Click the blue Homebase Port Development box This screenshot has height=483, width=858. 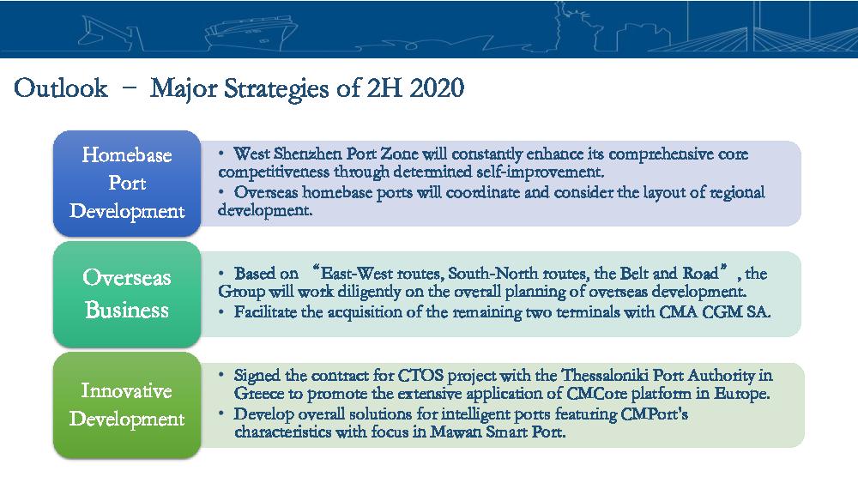point(127,184)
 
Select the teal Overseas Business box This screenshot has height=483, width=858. point(127,294)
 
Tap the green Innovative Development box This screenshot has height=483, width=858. point(127,405)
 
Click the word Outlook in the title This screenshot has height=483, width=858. point(61,88)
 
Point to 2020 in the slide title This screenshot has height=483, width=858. point(437,88)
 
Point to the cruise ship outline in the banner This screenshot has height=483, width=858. point(251,33)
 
